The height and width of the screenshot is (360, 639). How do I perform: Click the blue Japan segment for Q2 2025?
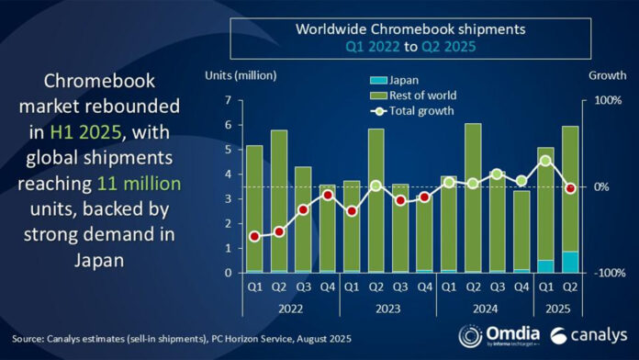[x=569, y=262]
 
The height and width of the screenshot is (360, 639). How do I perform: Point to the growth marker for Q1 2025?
[x=545, y=161]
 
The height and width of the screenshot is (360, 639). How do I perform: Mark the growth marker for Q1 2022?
[x=254, y=236]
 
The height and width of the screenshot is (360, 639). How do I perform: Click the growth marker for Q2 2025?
[x=569, y=188]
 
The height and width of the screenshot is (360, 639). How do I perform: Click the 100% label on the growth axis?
[x=609, y=99]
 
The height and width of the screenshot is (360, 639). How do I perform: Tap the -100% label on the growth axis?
[x=607, y=273]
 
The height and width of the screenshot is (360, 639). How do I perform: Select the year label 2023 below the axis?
[x=387, y=309]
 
